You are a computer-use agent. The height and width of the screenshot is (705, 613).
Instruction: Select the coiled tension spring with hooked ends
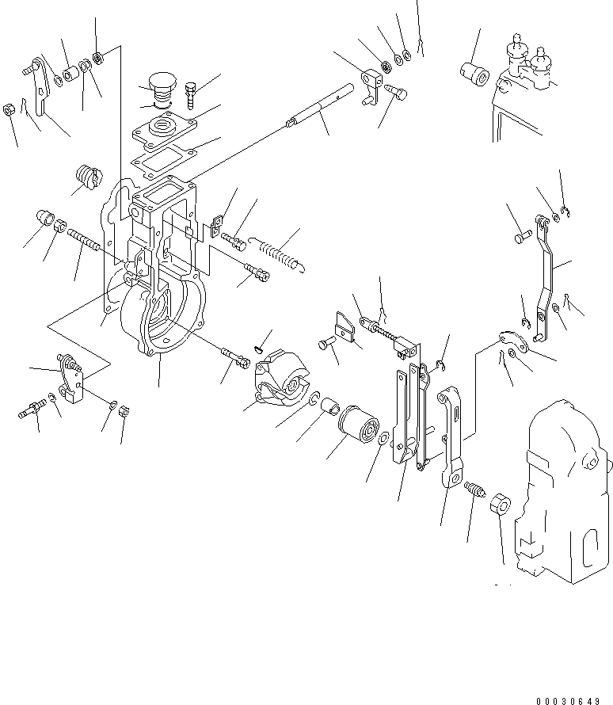[x=275, y=252]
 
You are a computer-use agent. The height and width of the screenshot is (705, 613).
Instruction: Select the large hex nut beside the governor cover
[x=501, y=504]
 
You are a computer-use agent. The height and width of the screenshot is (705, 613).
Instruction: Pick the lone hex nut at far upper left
[x=9, y=109]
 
